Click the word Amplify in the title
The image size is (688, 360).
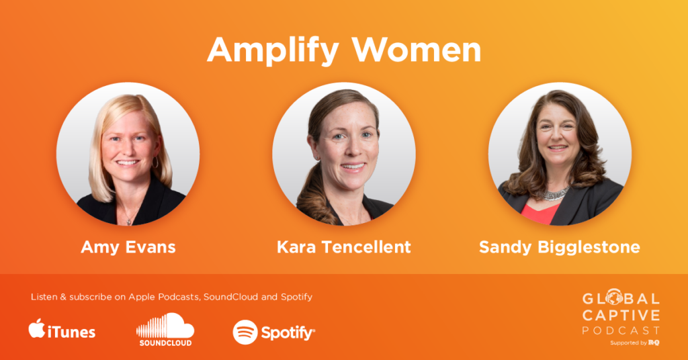(273, 51)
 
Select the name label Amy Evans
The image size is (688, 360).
(128, 248)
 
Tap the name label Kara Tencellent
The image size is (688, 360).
(343, 247)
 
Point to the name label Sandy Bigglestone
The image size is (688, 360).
(560, 247)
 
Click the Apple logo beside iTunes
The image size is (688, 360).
(37, 328)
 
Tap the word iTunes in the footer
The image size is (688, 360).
(71, 332)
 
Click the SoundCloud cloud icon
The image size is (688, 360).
(165, 325)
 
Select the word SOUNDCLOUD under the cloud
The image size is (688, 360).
(165, 343)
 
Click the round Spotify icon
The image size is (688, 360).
(245, 332)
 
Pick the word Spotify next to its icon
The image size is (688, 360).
(288, 333)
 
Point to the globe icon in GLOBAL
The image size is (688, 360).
(614, 297)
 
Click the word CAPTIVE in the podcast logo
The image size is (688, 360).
(621, 315)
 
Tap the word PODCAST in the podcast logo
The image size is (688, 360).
(621, 330)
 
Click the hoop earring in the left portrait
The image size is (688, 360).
(155, 162)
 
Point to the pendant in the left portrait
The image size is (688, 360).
(128, 222)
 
